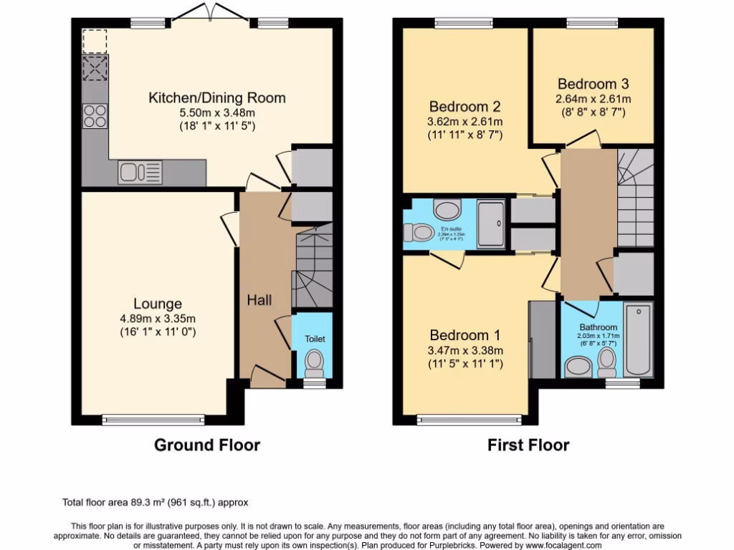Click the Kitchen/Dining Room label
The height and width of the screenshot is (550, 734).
[216, 97]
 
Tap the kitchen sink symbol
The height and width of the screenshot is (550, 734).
[140, 172]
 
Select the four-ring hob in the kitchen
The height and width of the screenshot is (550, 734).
[95, 116]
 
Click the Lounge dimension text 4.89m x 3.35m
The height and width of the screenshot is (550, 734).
[157, 319]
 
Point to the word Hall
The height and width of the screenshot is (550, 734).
[259, 300]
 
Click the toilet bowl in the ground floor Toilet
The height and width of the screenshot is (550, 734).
[314, 362]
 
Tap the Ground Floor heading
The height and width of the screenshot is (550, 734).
[207, 445]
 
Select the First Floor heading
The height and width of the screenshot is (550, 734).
[528, 445]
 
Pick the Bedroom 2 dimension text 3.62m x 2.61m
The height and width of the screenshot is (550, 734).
[464, 121]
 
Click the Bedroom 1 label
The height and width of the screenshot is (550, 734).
[464, 335]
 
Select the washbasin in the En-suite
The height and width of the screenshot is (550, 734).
[449, 210]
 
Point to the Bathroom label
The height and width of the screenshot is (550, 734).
[598, 327]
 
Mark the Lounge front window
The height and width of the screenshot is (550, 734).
[151, 420]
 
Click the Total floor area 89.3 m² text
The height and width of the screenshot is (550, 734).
[156, 503]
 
